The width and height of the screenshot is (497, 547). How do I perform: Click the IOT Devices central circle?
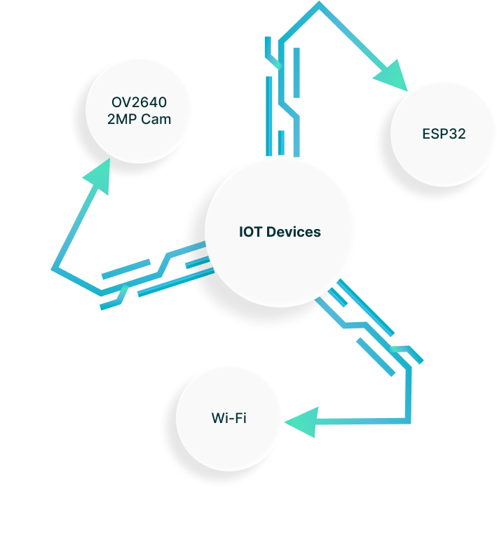coord(280,231)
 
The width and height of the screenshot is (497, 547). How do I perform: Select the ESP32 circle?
coord(443,134)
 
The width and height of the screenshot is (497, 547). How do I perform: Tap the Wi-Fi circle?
coord(229,419)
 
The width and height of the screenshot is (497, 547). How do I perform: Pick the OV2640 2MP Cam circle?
coord(138,110)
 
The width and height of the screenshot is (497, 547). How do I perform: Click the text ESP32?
coord(443,134)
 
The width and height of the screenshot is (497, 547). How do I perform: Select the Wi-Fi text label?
coord(229,419)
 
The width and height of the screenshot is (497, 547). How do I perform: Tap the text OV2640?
coord(139,102)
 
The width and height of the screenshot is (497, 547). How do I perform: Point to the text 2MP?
coord(122,118)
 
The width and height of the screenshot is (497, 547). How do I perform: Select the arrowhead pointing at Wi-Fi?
coord(301,422)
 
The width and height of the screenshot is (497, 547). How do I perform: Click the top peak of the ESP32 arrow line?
coord(319,6)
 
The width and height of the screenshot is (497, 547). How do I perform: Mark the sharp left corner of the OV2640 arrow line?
coord(55,268)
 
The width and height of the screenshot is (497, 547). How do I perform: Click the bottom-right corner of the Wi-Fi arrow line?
coord(407,420)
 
